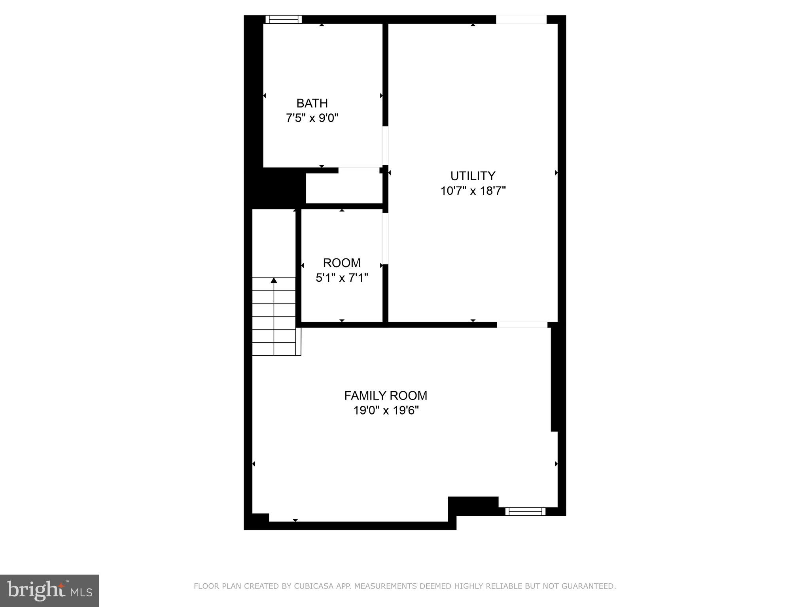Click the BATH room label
[312, 103]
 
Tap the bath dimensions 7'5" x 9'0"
[312, 118]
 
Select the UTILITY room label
[473, 176]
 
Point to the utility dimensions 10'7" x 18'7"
[473, 191]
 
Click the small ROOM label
[342, 263]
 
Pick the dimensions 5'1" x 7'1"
[342, 278]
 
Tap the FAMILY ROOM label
[386, 396]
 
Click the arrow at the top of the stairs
[274, 281]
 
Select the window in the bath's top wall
[284, 19]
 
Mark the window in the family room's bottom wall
[525, 512]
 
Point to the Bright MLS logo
[49, 591]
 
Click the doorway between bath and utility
[385, 145]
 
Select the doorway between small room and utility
[385, 239]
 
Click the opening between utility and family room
[522, 325]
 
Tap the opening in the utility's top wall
[521, 19]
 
